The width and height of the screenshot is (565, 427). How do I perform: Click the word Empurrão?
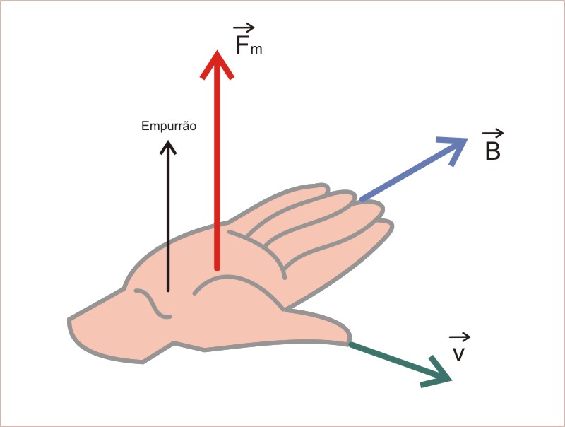[x=168, y=127]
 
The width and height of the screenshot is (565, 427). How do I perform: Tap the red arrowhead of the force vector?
[x=217, y=63]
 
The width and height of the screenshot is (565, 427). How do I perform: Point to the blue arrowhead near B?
[x=454, y=146]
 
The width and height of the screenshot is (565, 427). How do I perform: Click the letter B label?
[x=493, y=150]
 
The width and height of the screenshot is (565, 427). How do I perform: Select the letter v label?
[x=459, y=353]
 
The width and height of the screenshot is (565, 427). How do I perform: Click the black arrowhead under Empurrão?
[x=168, y=147]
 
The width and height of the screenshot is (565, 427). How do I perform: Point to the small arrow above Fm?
[x=244, y=28]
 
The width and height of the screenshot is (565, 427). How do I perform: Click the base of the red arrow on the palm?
[x=217, y=267]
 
